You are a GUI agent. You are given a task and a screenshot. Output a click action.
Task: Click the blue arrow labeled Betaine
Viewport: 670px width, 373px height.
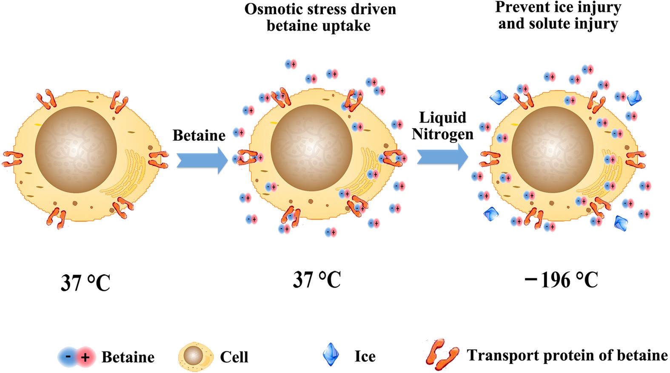(x=202, y=160)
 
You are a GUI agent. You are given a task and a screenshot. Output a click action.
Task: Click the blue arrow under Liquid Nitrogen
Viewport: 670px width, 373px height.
(x=442, y=157)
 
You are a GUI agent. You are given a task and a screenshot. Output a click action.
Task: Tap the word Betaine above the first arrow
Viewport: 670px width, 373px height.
(x=199, y=135)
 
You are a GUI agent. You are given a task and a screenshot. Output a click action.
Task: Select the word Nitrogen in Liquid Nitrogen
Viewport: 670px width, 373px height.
(x=442, y=134)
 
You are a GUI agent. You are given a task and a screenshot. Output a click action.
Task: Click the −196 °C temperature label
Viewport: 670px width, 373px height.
(x=562, y=280)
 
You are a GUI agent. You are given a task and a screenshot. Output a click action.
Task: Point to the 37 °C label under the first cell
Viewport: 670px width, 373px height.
(x=86, y=283)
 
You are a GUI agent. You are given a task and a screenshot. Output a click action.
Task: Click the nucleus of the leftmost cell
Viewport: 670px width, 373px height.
(x=76, y=150)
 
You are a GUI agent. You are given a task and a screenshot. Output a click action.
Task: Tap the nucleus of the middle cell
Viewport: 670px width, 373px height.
(x=311, y=148)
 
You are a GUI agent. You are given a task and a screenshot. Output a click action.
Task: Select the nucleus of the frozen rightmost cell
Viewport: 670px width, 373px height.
(x=552, y=149)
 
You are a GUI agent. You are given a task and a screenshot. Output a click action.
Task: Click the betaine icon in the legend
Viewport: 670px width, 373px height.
(x=77, y=357)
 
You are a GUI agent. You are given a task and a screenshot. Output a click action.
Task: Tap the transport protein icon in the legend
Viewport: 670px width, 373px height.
(x=442, y=354)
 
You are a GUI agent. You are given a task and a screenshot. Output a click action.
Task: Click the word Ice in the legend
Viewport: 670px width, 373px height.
(x=365, y=356)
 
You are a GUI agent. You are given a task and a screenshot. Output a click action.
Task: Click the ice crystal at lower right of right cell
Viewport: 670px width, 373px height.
(x=621, y=222)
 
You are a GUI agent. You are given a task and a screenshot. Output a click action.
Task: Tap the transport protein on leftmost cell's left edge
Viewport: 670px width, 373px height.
(x=12, y=159)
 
